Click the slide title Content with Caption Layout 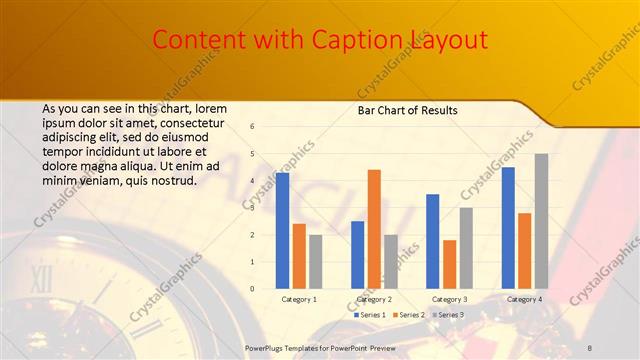[x=320, y=40]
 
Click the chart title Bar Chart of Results [x=407, y=110]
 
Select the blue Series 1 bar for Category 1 [x=283, y=231]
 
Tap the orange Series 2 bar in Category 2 [x=374, y=229]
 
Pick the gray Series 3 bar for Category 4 [x=541, y=221]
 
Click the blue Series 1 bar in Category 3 [x=433, y=241]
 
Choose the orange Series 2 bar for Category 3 [x=449, y=264]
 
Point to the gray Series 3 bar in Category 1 [x=315, y=262]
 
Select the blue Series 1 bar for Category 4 [x=508, y=228]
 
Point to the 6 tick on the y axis [x=252, y=127]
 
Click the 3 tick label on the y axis [x=252, y=208]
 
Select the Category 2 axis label [x=374, y=299]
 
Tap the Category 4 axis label [x=524, y=299]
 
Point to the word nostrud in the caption [x=173, y=181]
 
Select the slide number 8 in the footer [x=590, y=347]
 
